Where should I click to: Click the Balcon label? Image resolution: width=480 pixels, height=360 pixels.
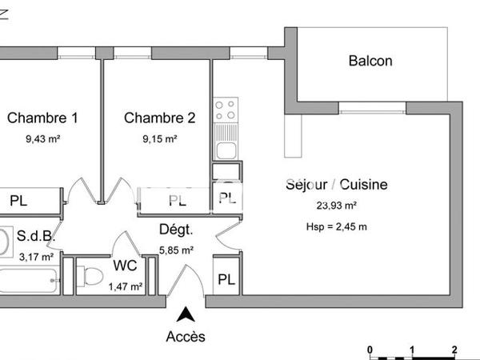point(370,61)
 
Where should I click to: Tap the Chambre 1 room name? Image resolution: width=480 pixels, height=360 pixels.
point(42,118)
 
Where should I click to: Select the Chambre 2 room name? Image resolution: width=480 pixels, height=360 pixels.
point(159,118)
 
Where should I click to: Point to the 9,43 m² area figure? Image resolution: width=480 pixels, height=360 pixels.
point(43,138)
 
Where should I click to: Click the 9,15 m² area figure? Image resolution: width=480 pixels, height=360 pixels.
point(159,138)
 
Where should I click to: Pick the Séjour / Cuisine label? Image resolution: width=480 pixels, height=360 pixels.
point(336,185)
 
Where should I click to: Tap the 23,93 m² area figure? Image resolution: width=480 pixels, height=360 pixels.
point(337,205)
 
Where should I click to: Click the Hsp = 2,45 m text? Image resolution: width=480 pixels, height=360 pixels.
point(337,226)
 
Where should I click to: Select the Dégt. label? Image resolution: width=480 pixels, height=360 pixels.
point(176,230)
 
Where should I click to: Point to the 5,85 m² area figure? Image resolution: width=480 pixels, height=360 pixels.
point(177,250)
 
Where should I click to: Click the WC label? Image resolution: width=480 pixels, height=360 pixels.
point(125,265)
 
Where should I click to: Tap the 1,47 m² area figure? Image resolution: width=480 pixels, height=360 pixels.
point(126,286)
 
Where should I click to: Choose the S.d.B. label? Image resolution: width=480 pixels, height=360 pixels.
point(35,236)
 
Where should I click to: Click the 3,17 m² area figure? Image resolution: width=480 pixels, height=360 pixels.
point(36,257)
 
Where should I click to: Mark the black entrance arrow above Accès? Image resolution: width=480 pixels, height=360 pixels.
point(186,314)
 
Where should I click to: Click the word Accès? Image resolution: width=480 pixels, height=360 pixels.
point(186,337)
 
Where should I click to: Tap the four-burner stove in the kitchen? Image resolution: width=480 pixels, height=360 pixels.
point(226,109)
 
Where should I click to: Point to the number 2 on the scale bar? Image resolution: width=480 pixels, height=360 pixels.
point(454,350)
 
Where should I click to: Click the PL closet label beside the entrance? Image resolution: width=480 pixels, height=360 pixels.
point(226,280)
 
